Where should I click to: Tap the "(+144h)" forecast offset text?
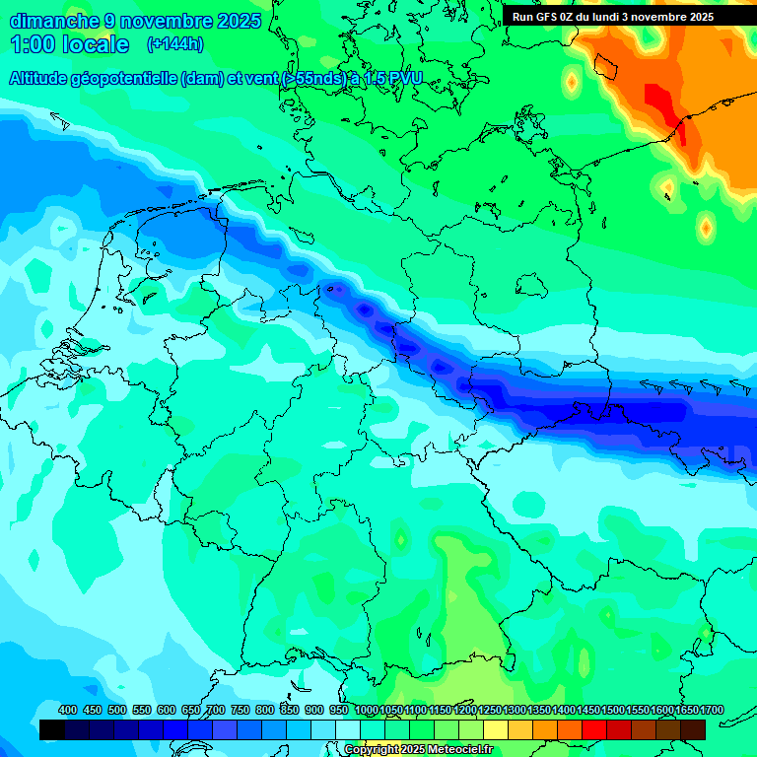coord(175,43)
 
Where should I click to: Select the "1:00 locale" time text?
coord(69,44)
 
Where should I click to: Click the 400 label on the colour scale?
coord(68,710)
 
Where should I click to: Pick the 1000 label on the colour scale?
coord(367,710)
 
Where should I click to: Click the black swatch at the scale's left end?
coord(52,730)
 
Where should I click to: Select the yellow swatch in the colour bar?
coord(496,730)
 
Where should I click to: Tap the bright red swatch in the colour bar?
coord(594,730)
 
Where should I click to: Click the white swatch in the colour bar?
coord(348,730)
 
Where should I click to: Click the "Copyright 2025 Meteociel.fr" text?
coord(418,749)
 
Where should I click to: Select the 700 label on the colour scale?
coord(216,710)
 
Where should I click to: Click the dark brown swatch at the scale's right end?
coord(693,730)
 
